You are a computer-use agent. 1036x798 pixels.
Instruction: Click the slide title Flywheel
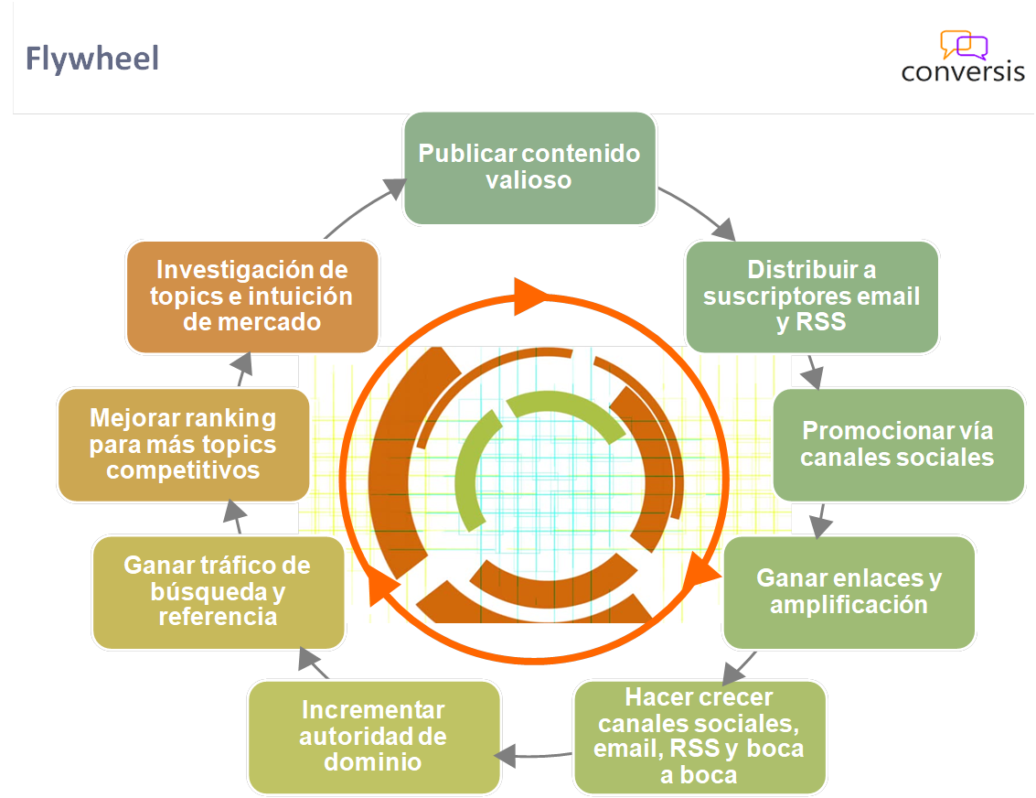pos(92,59)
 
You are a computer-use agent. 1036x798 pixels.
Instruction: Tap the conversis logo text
pos(963,71)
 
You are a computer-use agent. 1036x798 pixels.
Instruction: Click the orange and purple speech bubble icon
pos(964,45)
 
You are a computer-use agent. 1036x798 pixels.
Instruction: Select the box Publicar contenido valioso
pos(529,167)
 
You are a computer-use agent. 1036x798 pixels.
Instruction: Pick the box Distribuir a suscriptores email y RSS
pos(812,297)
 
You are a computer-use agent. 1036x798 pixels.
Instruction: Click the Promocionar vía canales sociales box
pos(898,444)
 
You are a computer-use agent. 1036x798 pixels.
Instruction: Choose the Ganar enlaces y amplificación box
pos(849,592)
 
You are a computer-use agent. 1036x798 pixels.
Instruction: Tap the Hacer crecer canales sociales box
pos(700,737)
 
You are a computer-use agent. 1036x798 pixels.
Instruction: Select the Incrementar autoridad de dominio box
pos(374,737)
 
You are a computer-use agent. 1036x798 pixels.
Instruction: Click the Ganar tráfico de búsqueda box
pos(218,592)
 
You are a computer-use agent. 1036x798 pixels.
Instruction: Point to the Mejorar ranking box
pos(183,444)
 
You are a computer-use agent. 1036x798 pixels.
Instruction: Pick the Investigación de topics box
pos(252,297)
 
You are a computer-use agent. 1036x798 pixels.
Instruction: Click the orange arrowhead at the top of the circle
pos(531,296)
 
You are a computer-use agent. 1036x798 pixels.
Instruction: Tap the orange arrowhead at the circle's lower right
pos(702,571)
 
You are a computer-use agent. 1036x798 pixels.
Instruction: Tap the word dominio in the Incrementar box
pos(373,761)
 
